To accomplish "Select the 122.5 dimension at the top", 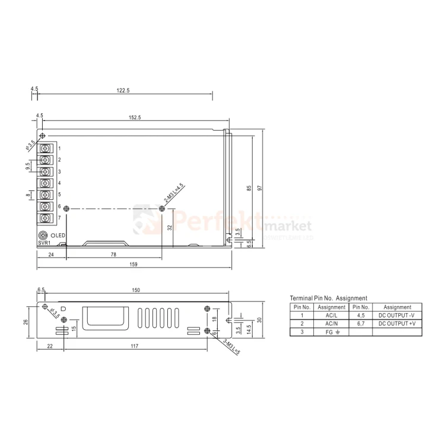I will [x=123, y=90].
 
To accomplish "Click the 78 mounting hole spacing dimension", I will [x=113, y=254].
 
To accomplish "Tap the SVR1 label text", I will [x=44, y=243].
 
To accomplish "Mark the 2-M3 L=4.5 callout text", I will [x=174, y=195].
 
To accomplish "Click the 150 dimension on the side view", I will [x=135, y=290].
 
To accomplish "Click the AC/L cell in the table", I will [x=331, y=316].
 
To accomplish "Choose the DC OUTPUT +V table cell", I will [x=397, y=324].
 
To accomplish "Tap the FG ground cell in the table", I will [x=331, y=332].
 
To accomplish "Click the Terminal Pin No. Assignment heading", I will [x=328, y=298].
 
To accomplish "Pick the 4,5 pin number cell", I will [x=361, y=316].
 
